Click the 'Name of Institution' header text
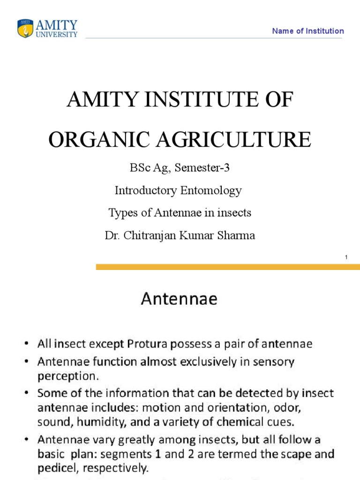click(308, 31)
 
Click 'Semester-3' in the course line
click(202, 168)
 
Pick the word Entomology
click(210, 190)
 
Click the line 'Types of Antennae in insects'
click(180, 212)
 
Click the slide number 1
click(345, 257)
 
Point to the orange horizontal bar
click(228, 267)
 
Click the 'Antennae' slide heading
click(179, 299)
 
